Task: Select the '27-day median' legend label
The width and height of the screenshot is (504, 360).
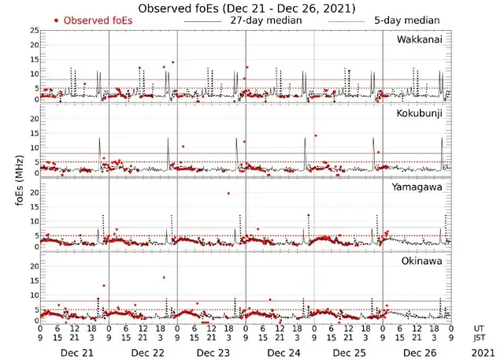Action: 265,20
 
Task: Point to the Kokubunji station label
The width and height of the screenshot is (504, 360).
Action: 420,113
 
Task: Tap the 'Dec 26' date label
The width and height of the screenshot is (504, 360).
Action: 417,351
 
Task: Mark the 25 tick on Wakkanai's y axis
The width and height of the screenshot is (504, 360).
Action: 33,30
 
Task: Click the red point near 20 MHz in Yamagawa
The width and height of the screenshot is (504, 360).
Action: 228,193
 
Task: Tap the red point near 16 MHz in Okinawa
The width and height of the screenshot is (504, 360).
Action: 164,277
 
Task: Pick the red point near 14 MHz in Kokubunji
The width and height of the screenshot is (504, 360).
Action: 315,136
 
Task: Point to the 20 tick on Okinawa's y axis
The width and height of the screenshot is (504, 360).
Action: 33,266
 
